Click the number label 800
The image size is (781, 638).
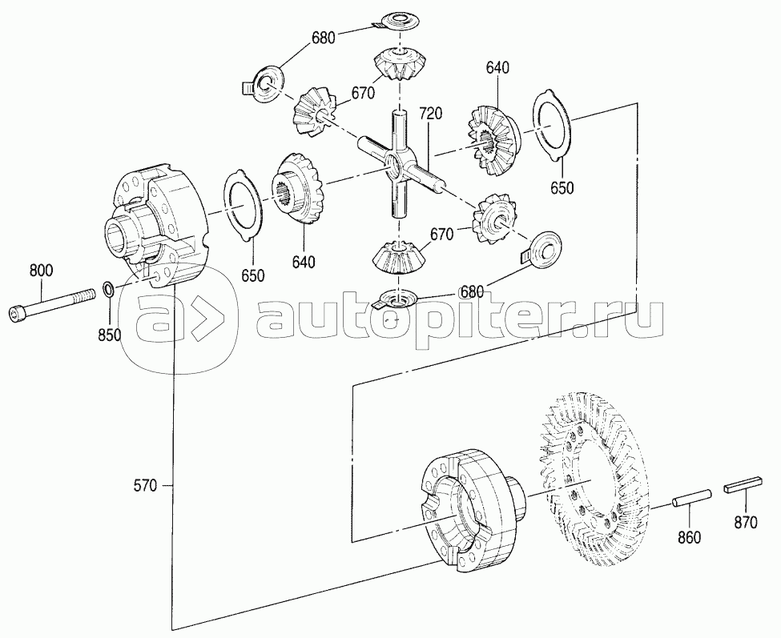point(41,271)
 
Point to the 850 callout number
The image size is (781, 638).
point(109,335)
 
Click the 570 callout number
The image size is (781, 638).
point(146,485)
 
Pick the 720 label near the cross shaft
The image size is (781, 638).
point(430,114)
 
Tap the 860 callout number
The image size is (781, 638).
point(690,537)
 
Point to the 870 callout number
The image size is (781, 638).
point(746,523)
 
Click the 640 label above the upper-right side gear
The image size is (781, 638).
point(497,68)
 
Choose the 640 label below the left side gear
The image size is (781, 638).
point(304,262)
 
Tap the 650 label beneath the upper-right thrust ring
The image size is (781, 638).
point(562,187)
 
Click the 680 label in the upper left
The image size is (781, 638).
point(324,38)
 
